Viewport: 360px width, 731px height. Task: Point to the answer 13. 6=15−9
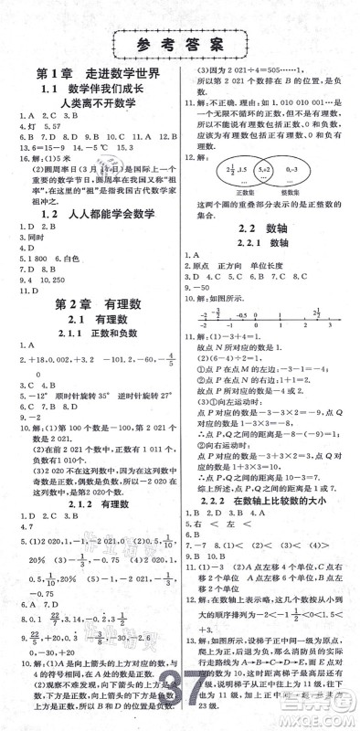[31, 144]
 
